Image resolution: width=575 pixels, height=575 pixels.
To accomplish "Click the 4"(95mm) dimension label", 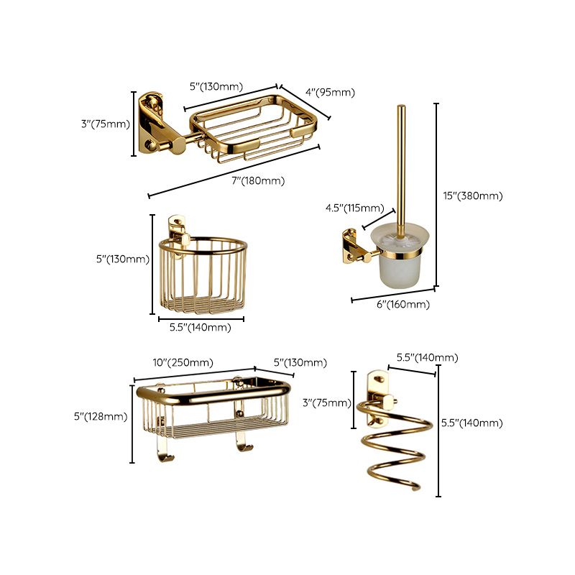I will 330,92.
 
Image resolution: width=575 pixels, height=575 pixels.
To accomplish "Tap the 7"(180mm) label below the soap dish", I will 258,181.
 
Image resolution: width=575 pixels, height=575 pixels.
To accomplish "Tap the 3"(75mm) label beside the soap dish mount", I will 105,124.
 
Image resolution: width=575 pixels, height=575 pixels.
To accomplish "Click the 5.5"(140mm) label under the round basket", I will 200,327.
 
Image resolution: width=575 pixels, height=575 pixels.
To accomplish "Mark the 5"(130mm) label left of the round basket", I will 121,259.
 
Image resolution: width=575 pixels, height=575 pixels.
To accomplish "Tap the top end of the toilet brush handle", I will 400,109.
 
